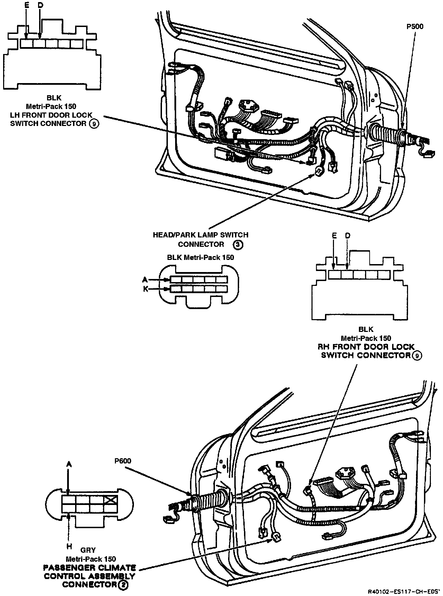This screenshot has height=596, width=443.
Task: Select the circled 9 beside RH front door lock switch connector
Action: tap(417, 355)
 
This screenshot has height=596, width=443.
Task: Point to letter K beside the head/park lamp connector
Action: tap(146, 289)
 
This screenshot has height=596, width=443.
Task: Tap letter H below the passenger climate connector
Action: tap(69, 547)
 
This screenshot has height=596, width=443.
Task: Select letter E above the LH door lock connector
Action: tap(27, 6)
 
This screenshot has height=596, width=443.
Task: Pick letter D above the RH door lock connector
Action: tap(347, 236)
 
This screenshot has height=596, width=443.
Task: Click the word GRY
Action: tap(88, 550)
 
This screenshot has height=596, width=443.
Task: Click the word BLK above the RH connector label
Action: tap(366, 329)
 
